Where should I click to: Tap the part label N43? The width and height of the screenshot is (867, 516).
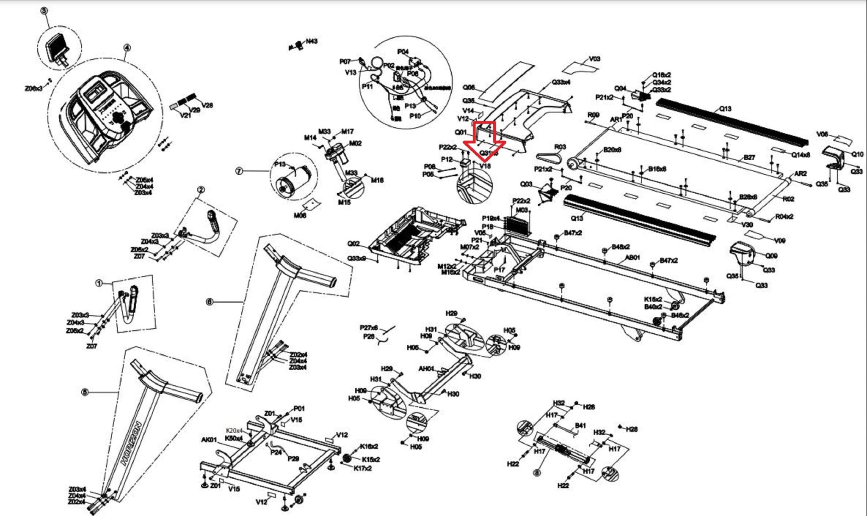312,41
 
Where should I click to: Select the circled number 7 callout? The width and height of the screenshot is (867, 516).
239,171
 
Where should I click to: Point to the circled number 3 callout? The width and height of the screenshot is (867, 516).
44,11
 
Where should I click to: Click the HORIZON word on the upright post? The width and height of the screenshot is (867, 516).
132,444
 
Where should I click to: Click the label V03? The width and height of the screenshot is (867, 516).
594,59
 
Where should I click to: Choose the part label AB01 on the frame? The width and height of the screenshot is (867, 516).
632,258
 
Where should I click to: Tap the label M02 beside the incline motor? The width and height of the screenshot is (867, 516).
355,143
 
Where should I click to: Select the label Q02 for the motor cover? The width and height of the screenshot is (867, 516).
353,244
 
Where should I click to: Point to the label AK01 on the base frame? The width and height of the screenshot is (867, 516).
209,440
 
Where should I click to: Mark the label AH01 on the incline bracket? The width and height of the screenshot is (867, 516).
426,369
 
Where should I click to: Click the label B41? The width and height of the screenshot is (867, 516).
580,425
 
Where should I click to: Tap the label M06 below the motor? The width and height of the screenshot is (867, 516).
300,216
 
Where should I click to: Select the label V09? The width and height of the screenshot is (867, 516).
779,241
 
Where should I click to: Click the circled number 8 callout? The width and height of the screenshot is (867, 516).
537,473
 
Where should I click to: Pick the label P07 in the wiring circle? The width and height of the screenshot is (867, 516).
345,62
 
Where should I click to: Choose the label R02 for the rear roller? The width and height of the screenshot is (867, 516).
788,199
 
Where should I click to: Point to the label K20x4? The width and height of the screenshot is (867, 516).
234,431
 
